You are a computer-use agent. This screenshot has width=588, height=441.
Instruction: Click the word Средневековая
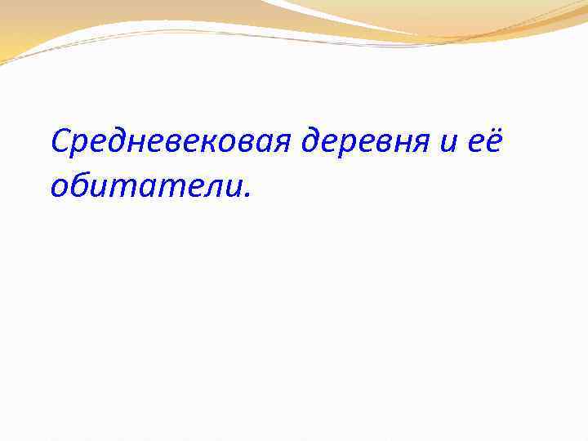(171, 145)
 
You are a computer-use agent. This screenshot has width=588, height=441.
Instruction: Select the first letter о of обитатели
(60, 189)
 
